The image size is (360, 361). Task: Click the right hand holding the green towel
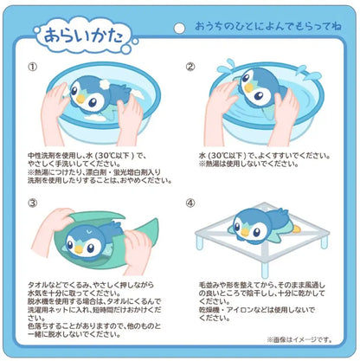coord(138,251)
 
